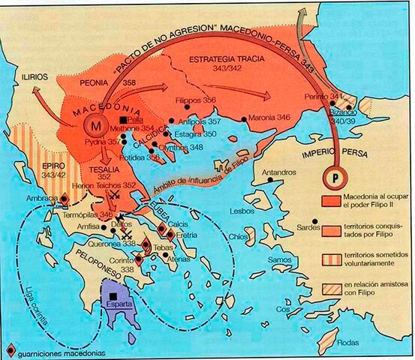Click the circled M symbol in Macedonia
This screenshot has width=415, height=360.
tap(95, 123)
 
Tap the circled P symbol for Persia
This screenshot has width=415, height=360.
tap(330, 178)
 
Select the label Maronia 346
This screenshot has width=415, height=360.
tap(269, 118)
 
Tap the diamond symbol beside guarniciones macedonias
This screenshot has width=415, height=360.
tap(9, 351)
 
